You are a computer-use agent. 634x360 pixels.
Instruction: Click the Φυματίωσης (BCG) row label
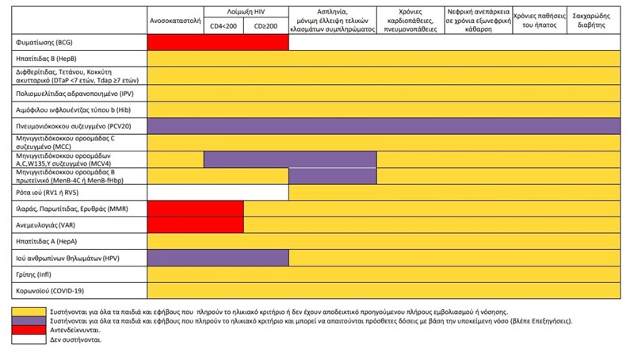47,41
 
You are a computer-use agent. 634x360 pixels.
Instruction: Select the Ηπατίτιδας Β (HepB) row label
49,59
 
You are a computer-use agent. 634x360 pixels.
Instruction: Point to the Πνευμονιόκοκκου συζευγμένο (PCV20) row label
72,126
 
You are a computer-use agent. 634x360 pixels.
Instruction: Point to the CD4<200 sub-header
223,27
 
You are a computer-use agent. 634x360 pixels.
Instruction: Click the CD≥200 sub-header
265,27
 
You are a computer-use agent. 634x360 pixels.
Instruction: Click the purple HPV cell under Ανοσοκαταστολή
175,258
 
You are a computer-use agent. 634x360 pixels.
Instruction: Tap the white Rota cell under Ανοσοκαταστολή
175,192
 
